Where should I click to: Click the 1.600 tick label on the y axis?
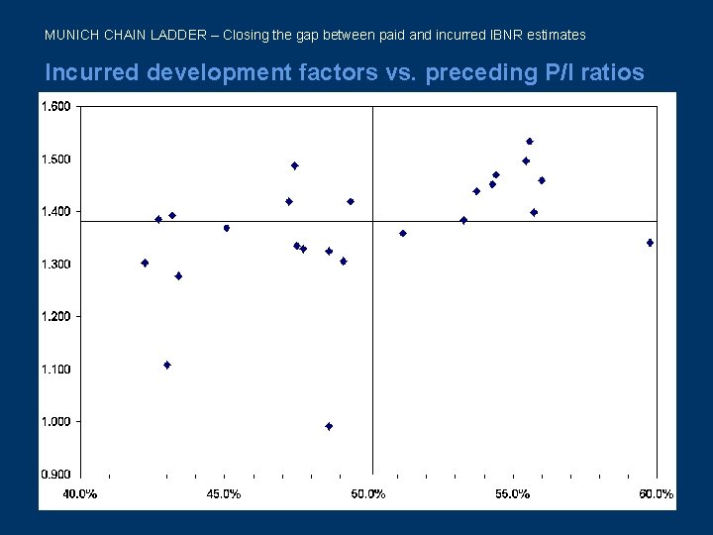point(55,107)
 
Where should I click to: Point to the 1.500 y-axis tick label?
point(55,160)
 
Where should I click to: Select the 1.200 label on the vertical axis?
point(55,316)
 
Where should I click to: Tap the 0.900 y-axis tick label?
point(55,474)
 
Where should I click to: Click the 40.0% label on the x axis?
point(80,493)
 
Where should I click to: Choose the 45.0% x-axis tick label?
point(224,493)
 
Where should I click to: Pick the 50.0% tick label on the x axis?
point(368,493)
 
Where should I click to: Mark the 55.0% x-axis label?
point(512,493)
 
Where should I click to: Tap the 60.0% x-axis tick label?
point(656,493)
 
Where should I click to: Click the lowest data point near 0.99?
point(329,426)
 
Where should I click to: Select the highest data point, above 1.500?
point(530,142)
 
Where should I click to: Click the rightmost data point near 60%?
point(650,243)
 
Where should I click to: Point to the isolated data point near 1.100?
point(167,365)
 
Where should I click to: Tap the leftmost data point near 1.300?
point(145,263)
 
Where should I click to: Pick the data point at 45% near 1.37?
point(227,228)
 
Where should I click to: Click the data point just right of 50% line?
point(403,234)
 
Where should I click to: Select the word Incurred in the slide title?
point(97,72)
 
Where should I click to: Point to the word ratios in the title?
point(610,72)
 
